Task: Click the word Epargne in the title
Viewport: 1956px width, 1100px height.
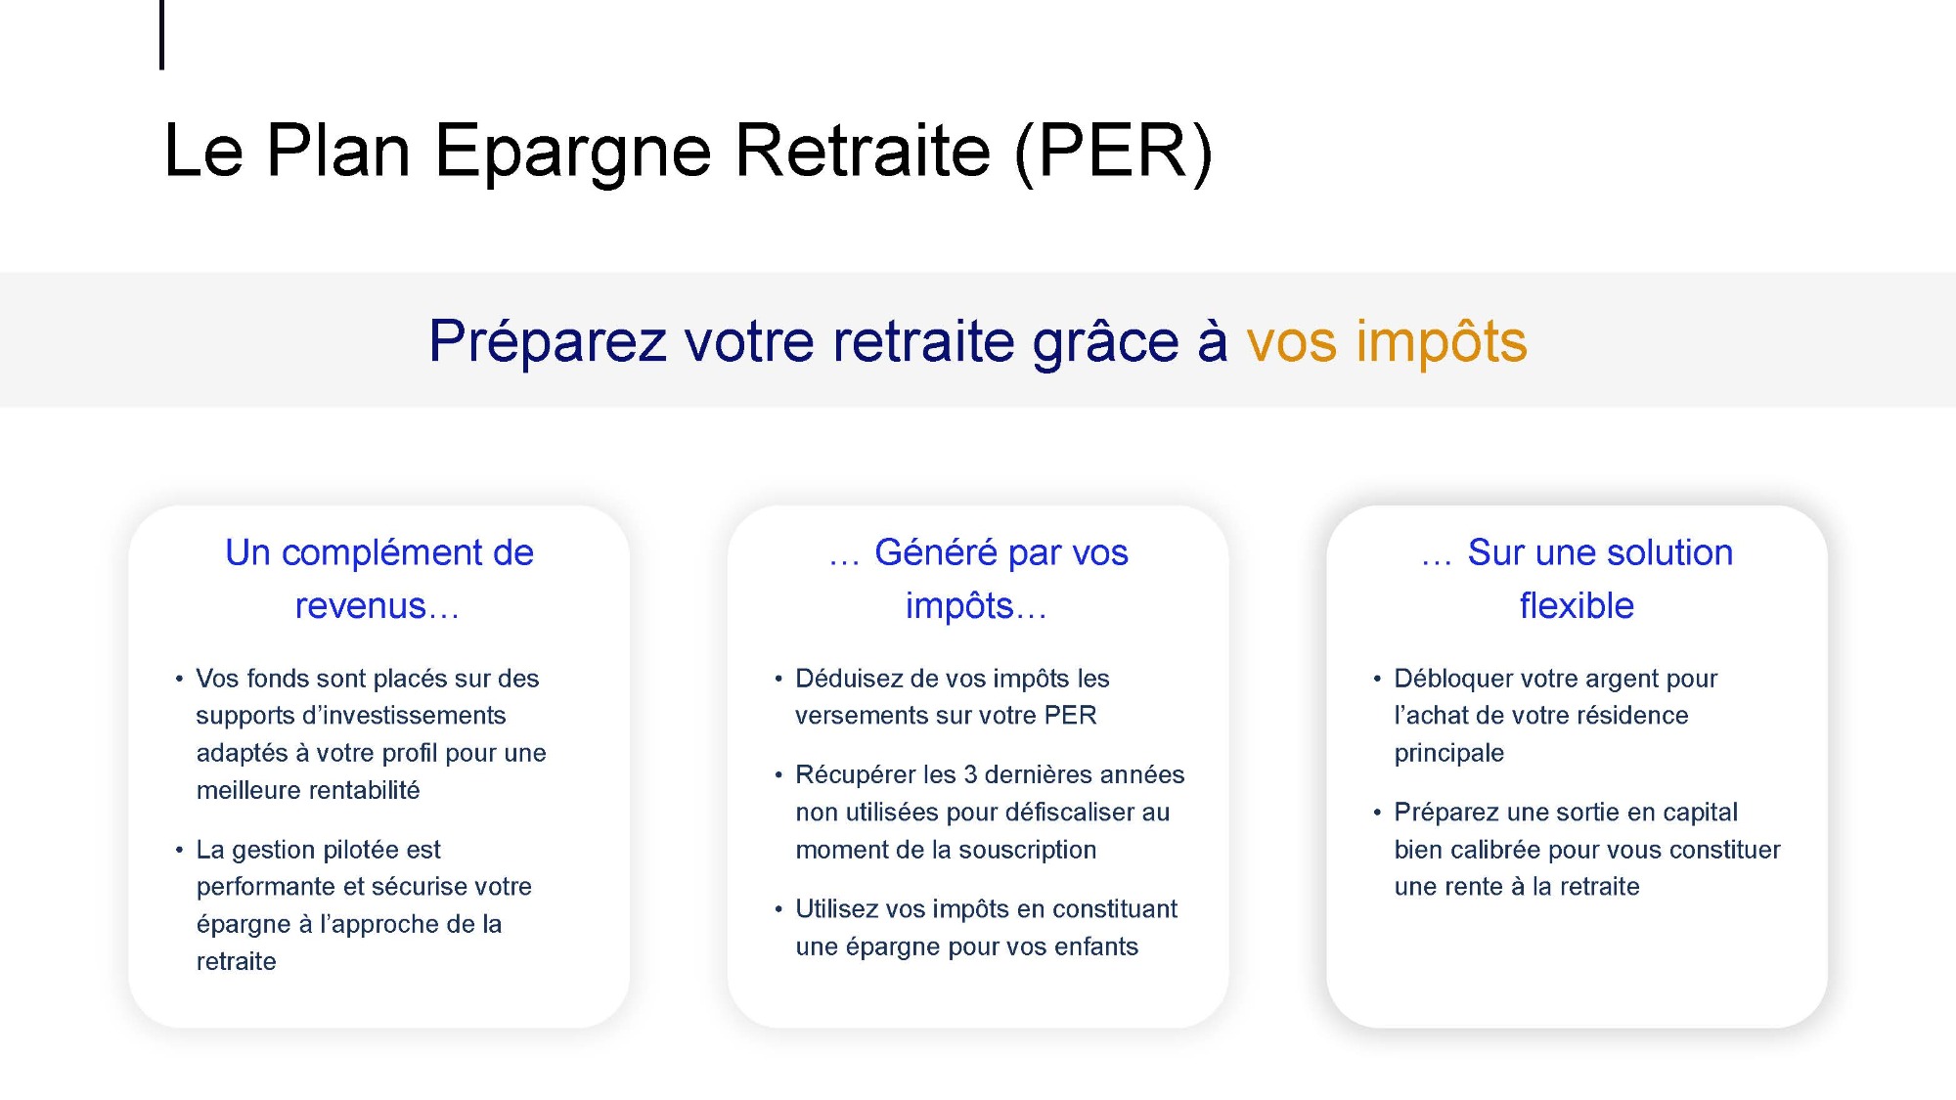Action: (x=572, y=153)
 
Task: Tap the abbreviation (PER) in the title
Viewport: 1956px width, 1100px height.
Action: (x=1114, y=152)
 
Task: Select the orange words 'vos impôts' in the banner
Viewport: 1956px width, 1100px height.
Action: (x=1387, y=341)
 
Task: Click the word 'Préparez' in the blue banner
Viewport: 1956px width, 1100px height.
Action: (x=548, y=342)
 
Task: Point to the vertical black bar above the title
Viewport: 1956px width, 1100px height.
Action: (x=161, y=35)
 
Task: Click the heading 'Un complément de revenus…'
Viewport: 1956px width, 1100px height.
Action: (x=378, y=579)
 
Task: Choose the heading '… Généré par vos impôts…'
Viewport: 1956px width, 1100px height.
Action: (x=978, y=579)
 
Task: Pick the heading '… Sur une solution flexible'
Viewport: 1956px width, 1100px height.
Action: (x=1577, y=579)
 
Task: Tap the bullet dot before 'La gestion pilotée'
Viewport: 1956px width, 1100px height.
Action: (x=179, y=850)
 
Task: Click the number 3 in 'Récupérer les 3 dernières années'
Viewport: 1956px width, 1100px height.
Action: (x=970, y=774)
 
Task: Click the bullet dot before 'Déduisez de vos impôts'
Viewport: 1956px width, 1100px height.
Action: (x=778, y=679)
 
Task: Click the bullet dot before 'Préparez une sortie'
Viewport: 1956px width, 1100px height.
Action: (x=1377, y=813)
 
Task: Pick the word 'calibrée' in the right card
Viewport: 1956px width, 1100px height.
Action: (x=1495, y=850)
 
